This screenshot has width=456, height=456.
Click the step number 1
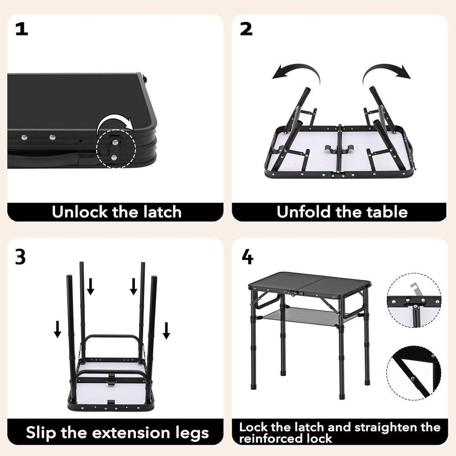click(x=21, y=29)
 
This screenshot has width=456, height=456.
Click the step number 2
click(x=246, y=29)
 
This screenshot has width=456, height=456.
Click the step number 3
click(x=21, y=258)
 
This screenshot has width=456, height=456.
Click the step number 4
click(x=247, y=257)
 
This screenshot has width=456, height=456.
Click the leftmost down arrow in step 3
click(x=57, y=329)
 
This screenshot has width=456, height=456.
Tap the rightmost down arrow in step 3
click(x=166, y=330)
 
